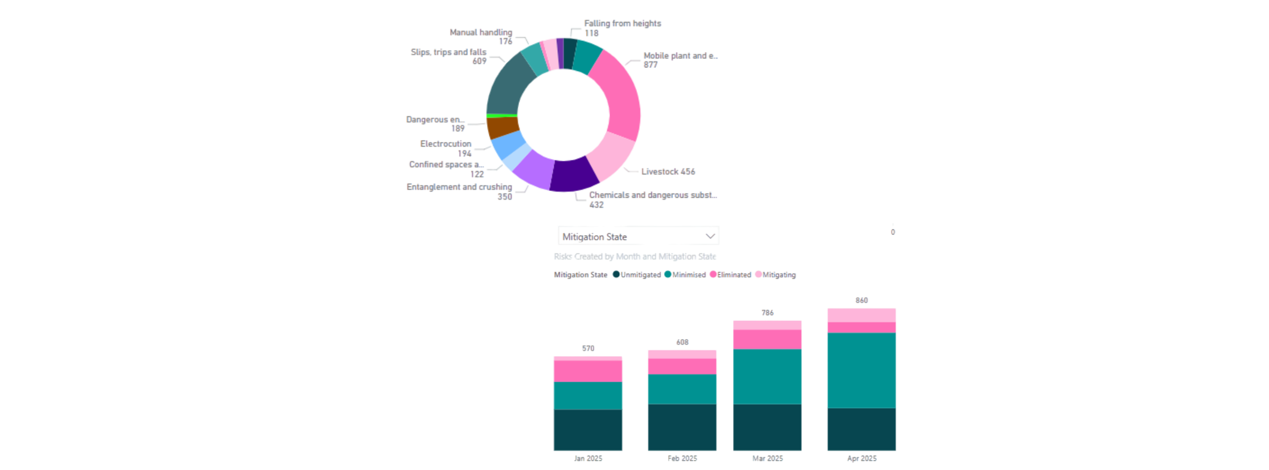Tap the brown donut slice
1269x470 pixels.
(502, 127)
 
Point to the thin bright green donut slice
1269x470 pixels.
(502, 115)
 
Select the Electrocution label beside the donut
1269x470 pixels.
(445, 144)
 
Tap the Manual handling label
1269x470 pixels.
(480, 32)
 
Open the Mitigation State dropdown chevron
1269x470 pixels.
(710, 236)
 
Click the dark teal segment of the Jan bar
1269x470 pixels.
(587, 430)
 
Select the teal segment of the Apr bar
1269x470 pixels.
(860, 370)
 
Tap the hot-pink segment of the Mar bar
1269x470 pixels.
(767, 339)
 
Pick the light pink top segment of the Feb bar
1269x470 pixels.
(682, 354)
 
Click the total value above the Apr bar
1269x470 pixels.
(861, 300)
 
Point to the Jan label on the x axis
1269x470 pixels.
(587, 458)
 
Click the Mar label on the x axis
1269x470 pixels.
(767, 458)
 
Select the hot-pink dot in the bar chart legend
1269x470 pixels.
(713, 275)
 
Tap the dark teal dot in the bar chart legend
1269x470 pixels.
(616, 275)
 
